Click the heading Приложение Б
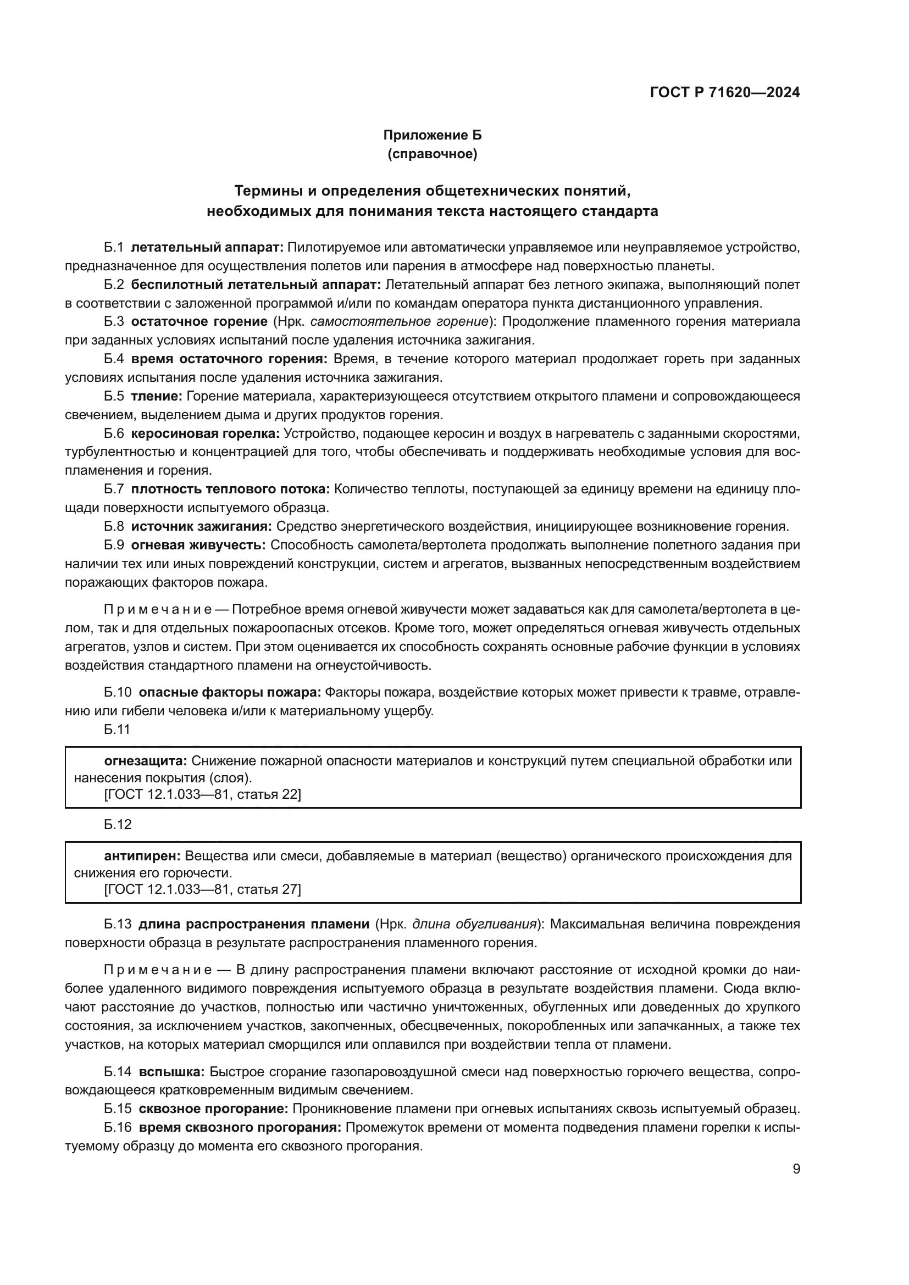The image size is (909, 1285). point(432,135)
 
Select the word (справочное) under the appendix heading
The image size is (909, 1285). point(432,154)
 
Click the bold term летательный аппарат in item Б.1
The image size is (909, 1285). point(208,247)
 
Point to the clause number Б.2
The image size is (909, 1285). point(114,285)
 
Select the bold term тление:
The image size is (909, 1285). point(157,396)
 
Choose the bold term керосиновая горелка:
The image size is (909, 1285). point(206,433)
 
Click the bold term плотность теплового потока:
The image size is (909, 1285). point(231,489)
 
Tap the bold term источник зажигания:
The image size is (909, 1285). point(202,526)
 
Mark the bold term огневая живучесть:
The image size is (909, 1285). point(199,545)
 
